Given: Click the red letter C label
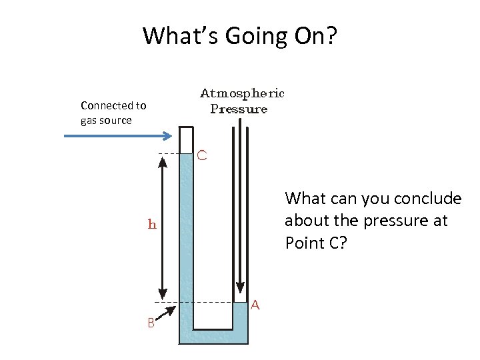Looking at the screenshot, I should (x=203, y=155).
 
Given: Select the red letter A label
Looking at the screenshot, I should (x=255, y=305).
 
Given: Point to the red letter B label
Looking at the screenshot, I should (x=151, y=323).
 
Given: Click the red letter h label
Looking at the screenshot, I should (x=152, y=225).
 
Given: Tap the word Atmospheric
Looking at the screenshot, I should (x=243, y=93).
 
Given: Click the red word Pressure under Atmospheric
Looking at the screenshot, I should (x=239, y=109).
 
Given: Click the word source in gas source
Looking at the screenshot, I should (x=115, y=121).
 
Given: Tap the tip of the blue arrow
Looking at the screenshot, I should (x=171, y=136).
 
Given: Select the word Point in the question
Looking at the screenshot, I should (x=304, y=243).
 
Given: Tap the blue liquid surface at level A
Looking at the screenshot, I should (x=240, y=303).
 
